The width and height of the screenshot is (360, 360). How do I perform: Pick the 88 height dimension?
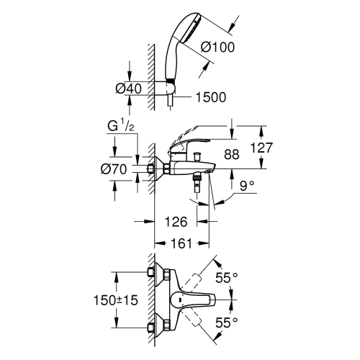coord(231,153)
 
